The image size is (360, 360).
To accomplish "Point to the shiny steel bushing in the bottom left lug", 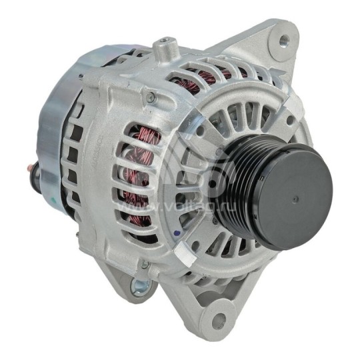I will tap(138, 289).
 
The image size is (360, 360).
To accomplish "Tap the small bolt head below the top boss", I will tap(151, 98).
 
